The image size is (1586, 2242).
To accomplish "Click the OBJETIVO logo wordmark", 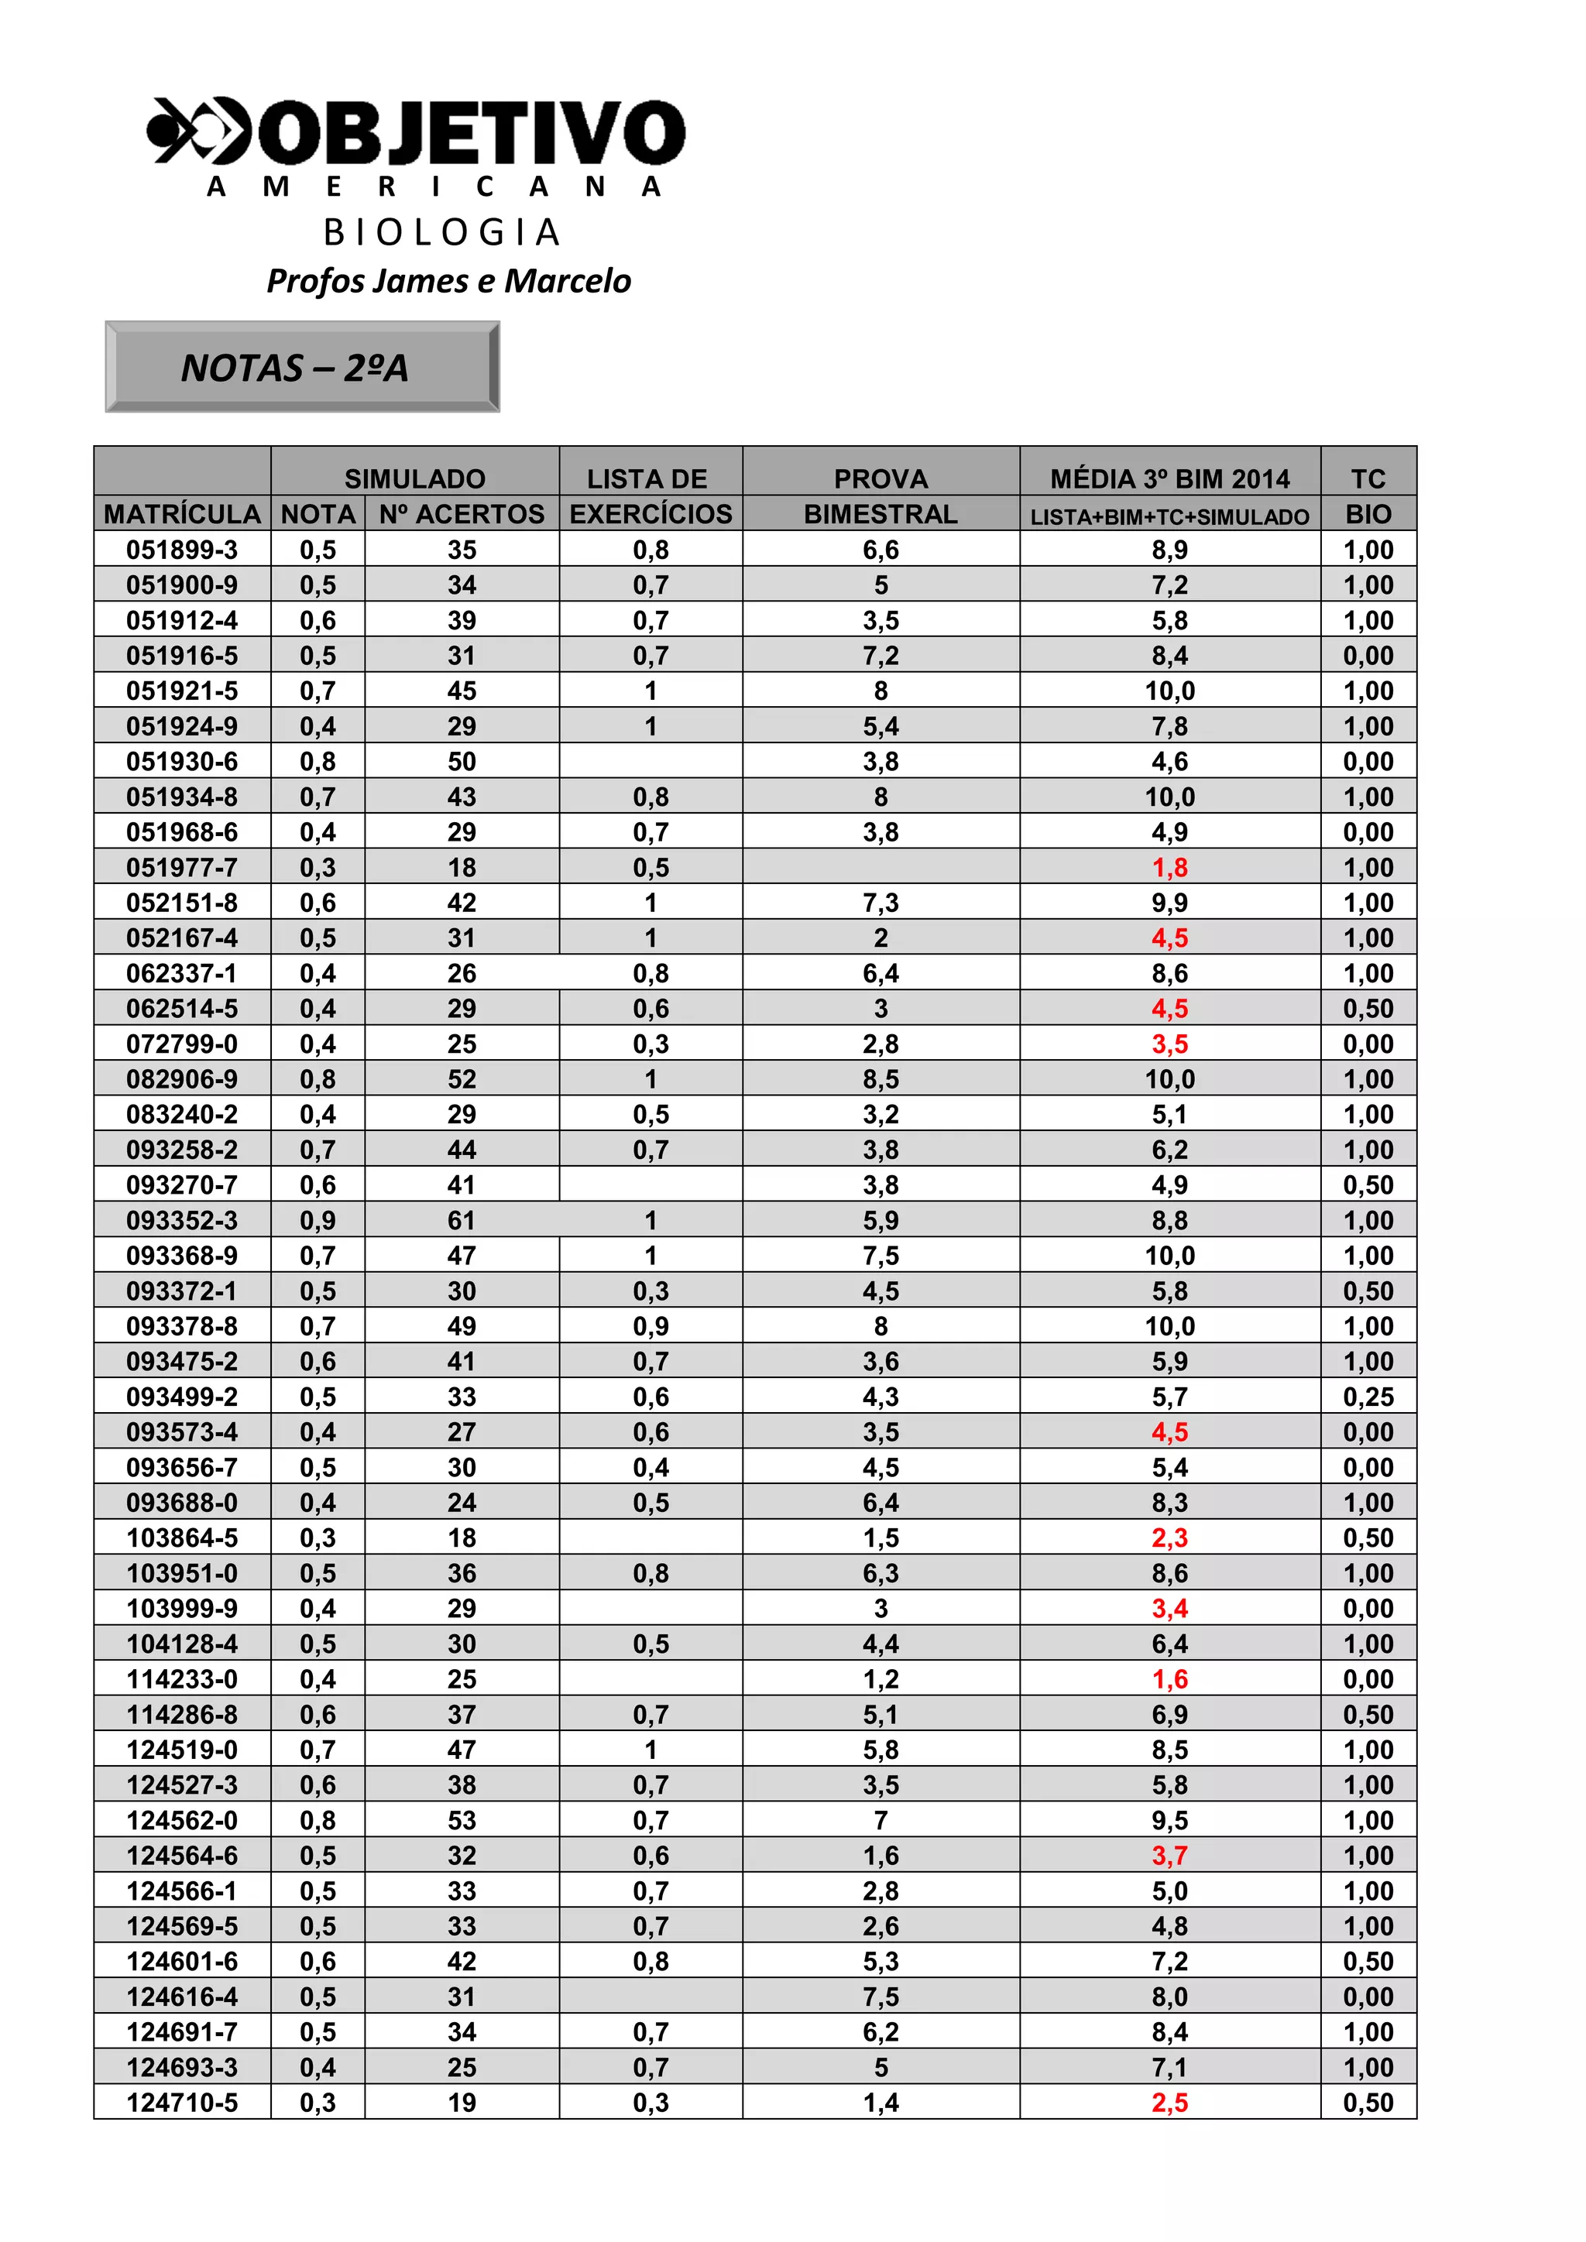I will [469, 133].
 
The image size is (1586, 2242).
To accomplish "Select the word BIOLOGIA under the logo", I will [441, 232].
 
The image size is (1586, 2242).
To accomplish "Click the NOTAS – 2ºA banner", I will [302, 367].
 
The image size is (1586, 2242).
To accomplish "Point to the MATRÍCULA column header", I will [183, 513].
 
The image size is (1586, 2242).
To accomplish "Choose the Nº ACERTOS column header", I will [462, 513].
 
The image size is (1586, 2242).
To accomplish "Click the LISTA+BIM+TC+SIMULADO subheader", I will [1169, 516].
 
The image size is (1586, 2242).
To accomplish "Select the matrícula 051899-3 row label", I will [183, 550].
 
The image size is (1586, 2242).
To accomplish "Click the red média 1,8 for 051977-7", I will [1169, 867].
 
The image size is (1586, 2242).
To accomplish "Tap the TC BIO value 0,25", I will [1368, 1397].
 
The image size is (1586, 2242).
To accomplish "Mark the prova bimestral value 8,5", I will [880, 1079].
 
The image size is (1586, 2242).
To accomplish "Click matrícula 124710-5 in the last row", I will [183, 2103].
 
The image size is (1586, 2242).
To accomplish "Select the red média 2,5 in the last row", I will [1169, 2103].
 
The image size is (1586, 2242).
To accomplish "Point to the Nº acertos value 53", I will [462, 1820].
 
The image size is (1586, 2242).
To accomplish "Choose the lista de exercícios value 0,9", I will [651, 1326].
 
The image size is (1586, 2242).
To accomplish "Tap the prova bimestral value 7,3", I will [880, 902].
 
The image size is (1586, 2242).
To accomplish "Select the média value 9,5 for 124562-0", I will [1169, 1820].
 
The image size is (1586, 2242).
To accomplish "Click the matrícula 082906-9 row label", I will [183, 1079].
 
